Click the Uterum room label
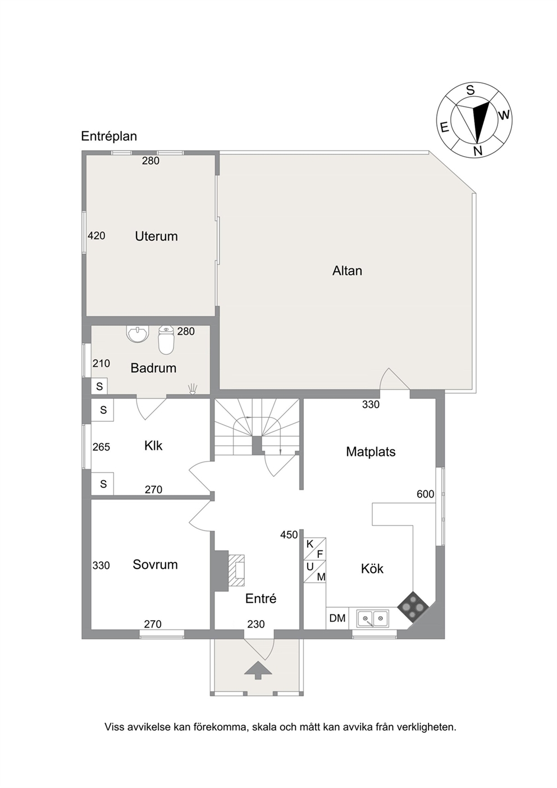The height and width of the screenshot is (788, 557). point(156,236)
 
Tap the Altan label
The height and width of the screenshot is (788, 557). point(347,271)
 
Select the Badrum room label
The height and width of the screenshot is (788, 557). point(153,368)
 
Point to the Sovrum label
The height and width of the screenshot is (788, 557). point(155,564)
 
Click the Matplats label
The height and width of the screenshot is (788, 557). point(371,452)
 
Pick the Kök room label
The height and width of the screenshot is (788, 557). point(372,569)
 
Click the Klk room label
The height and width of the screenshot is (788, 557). point(153,446)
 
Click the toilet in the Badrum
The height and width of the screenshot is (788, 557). point(166,340)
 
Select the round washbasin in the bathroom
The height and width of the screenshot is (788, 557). point(138,334)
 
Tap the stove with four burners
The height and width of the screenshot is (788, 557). point(413,607)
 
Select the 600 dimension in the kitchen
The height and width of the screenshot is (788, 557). point(426,494)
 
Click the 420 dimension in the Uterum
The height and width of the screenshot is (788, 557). point(97,236)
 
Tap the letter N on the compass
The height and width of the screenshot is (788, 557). point(477,151)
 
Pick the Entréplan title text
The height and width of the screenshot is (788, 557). point(109,136)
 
